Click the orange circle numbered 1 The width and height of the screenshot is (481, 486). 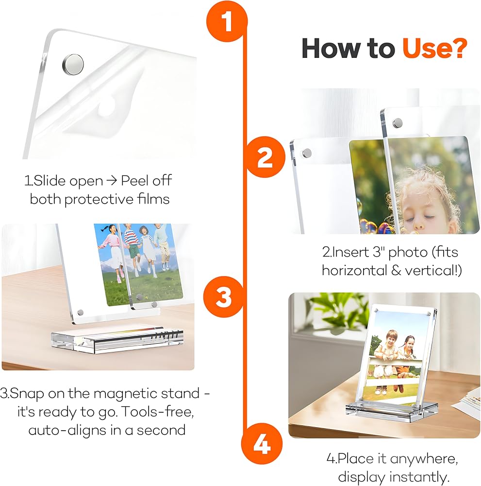point(227,21)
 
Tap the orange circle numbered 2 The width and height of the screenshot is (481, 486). point(265,157)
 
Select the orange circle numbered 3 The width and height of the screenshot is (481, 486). point(224,296)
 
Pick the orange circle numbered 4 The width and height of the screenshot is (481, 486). point(262,444)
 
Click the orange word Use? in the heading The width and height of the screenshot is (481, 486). point(434,48)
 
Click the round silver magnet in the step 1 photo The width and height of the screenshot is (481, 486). point(73,65)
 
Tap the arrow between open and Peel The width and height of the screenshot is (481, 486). point(112,181)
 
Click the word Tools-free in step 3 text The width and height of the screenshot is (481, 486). point(158,412)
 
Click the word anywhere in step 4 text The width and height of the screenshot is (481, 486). point(424,459)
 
